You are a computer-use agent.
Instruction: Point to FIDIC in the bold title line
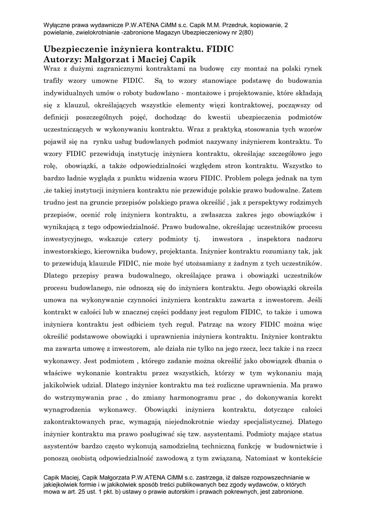pos(218,50)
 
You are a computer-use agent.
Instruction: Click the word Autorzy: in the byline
pos(64,59)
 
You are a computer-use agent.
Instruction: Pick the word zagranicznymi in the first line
pos(133,68)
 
